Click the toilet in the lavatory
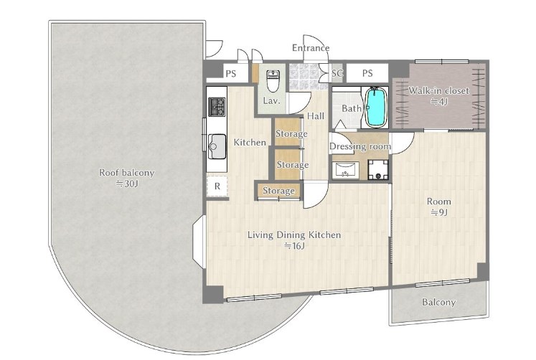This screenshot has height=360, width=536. point(273,81)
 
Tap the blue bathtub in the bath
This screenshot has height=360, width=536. point(376,107)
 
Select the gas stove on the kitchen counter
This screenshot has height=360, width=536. point(217,107)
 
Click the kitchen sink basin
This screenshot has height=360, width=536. point(217,146)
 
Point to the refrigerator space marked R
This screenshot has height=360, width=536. point(217,186)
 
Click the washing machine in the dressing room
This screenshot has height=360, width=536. point(377,170)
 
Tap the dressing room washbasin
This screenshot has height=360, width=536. point(345,170)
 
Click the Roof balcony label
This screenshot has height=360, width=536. point(127,173)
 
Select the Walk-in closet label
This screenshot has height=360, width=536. point(439,91)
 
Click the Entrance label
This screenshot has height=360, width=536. point(311,48)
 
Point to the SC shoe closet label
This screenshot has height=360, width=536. point(337,73)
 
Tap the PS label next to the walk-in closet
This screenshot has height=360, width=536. point(367,73)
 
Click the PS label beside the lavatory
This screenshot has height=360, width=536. point(231,73)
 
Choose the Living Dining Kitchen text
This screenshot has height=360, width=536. point(294,235)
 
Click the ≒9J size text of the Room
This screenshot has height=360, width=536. point(439,212)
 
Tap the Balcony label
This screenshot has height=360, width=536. point(439,303)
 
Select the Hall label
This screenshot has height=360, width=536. point(316,116)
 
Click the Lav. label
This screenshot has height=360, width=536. point(272,101)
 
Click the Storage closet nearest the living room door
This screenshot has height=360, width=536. point(278,191)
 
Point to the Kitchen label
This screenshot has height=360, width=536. point(250,143)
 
